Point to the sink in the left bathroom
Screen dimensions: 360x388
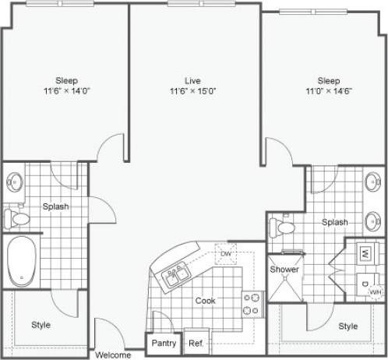(x=15, y=184)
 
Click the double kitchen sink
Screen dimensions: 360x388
(x=175, y=274)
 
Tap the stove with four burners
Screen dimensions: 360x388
(x=251, y=303)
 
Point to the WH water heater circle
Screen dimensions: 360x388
(x=376, y=291)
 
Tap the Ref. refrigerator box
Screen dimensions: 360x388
(x=196, y=343)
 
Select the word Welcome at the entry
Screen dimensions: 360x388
(x=113, y=355)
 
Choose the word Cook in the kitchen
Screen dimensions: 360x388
(x=206, y=300)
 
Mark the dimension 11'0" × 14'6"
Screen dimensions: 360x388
(x=328, y=91)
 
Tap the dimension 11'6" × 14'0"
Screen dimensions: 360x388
(x=66, y=91)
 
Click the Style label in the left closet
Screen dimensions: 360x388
(x=41, y=324)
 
